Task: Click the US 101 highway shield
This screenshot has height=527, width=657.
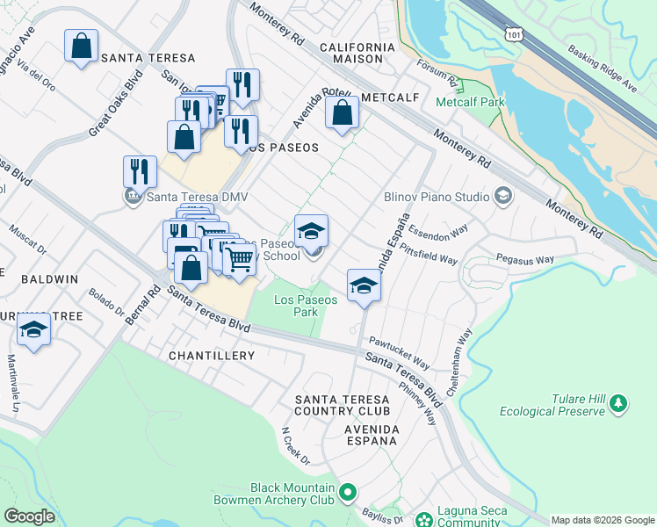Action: [x=515, y=32]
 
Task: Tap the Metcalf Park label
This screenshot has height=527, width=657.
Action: [x=470, y=102]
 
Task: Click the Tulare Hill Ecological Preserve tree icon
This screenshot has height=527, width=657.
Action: [x=620, y=403]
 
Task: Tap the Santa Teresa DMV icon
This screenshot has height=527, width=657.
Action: [x=133, y=197]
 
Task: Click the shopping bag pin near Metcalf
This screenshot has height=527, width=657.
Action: [x=342, y=113]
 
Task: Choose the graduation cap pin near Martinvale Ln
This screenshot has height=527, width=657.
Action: [x=34, y=329]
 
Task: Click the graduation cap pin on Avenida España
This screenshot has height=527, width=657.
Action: [x=364, y=285]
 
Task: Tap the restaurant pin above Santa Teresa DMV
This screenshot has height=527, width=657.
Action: [x=139, y=171]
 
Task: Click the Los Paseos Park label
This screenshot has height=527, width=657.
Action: [x=305, y=306]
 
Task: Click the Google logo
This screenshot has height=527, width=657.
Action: [x=30, y=516]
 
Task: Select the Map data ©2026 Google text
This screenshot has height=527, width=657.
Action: [x=602, y=520]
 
